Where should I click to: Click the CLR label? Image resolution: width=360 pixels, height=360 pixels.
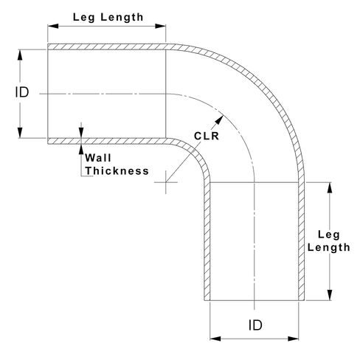pos(207,136)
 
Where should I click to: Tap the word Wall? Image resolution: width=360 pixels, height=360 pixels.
pos(98,158)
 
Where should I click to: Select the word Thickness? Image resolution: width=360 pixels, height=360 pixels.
pos(117,171)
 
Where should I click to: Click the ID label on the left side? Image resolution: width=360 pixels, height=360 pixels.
pos(22,92)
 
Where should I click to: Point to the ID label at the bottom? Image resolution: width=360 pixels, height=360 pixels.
pos(255,325)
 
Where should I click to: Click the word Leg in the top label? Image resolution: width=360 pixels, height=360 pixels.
pos(83,18)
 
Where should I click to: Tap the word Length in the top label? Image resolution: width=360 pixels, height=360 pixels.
pos(122,18)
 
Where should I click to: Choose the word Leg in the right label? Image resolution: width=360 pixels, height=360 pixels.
pos(329,235)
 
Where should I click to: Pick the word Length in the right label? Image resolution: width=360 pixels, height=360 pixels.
pos(329,248)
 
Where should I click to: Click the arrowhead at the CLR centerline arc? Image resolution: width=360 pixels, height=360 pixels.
pos(219,120)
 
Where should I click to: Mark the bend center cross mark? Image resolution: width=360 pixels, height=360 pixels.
pos(166,182)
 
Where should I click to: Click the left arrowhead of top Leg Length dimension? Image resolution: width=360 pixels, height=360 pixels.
pos(53,26)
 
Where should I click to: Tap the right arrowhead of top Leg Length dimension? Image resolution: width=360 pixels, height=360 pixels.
pos(160,26)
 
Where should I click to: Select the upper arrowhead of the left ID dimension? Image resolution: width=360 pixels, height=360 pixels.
pos(20,55)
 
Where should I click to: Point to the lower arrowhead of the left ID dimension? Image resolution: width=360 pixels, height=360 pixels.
pos(20,133)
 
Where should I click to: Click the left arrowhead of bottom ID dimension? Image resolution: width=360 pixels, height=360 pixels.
pos(215,339)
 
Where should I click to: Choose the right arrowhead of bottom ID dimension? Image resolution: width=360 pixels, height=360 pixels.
pos(293,339)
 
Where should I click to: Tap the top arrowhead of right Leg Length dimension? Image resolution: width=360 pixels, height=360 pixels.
pos(330,187)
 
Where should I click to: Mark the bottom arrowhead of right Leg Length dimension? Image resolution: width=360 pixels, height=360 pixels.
pos(330,295)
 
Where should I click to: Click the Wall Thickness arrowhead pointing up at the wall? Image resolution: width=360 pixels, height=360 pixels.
pos(81,149)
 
